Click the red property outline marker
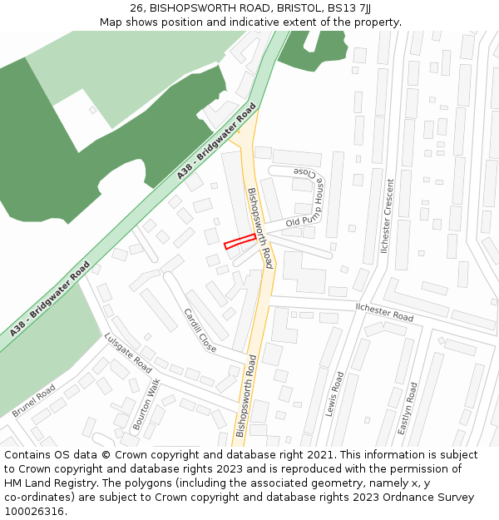pos(240,241)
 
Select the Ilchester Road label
pos(384,312)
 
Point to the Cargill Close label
pos(200,330)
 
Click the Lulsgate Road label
pos(128,353)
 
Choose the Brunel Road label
pos(33,401)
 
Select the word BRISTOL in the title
pos(299,8)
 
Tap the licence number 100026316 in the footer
pos(33,512)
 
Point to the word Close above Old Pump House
pos(304,173)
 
